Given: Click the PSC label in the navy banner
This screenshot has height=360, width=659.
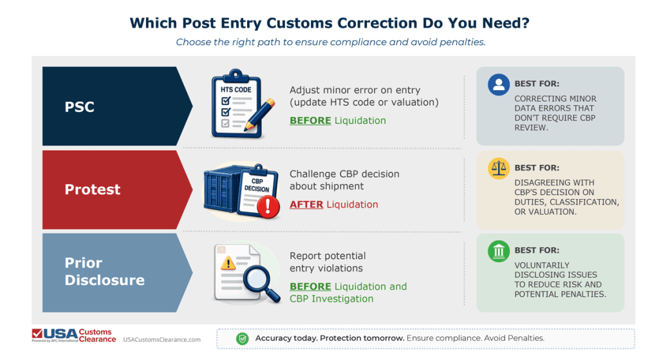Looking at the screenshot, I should pos(79,107).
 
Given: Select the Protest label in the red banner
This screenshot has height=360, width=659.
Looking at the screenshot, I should pos(92,189).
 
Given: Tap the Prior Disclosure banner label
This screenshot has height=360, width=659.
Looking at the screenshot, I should pos(104,271).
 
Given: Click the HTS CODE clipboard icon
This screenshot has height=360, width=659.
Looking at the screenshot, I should pos(237,107).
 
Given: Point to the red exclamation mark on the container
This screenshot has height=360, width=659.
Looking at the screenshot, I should pos(268,206).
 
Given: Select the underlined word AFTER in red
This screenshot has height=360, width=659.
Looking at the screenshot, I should pos(306,204).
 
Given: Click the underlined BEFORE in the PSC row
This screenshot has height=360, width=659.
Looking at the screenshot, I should pos(310,120).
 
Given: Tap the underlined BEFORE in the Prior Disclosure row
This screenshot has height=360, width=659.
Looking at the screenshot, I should pos(310,287).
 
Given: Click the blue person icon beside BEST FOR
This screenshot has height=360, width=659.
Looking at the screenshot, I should pos(499,84).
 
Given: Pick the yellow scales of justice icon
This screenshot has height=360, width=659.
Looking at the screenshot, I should pos(499,168).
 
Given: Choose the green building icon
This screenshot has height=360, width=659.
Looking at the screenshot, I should pos(499,251).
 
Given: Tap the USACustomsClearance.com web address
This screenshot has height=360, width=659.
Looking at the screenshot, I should pos(162,339).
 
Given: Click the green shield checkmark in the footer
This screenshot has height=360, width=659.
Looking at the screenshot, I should pos(242,338).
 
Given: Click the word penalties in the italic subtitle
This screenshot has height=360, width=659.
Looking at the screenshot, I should pos(465,43).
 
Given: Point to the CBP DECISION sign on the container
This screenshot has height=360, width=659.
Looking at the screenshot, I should pos(257,185).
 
